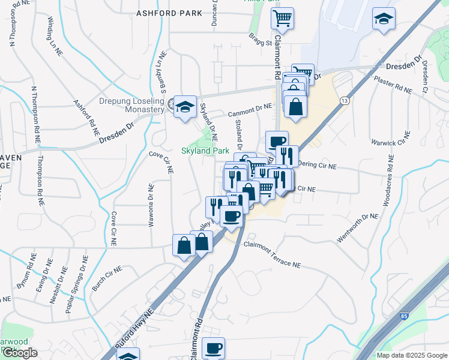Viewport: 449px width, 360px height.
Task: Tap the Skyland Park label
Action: click(206, 151)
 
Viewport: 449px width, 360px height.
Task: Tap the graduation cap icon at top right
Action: click(383, 19)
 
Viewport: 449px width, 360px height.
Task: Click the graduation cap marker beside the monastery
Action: click(185, 106)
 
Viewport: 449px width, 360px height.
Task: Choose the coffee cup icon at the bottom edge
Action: click(213, 348)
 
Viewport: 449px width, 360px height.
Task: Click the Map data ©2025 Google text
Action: click(411, 355)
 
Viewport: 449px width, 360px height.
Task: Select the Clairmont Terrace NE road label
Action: click(271, 254)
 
